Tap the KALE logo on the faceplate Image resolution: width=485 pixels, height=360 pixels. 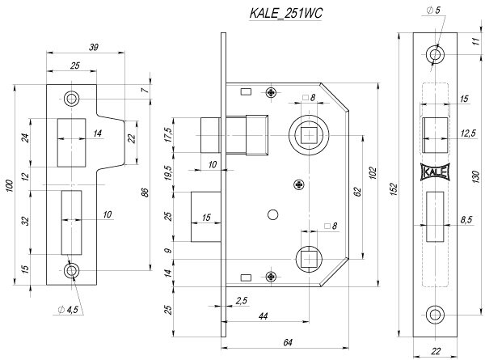pyautogui.click(x=436, y=171)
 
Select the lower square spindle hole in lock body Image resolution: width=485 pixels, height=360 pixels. pyautogui.click(x=308, y=258)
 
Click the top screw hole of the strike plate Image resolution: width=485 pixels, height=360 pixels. pyautogui.click(x=73, y=99)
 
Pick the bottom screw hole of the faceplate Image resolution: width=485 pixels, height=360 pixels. pyautogui.click(x=436, y=313)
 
